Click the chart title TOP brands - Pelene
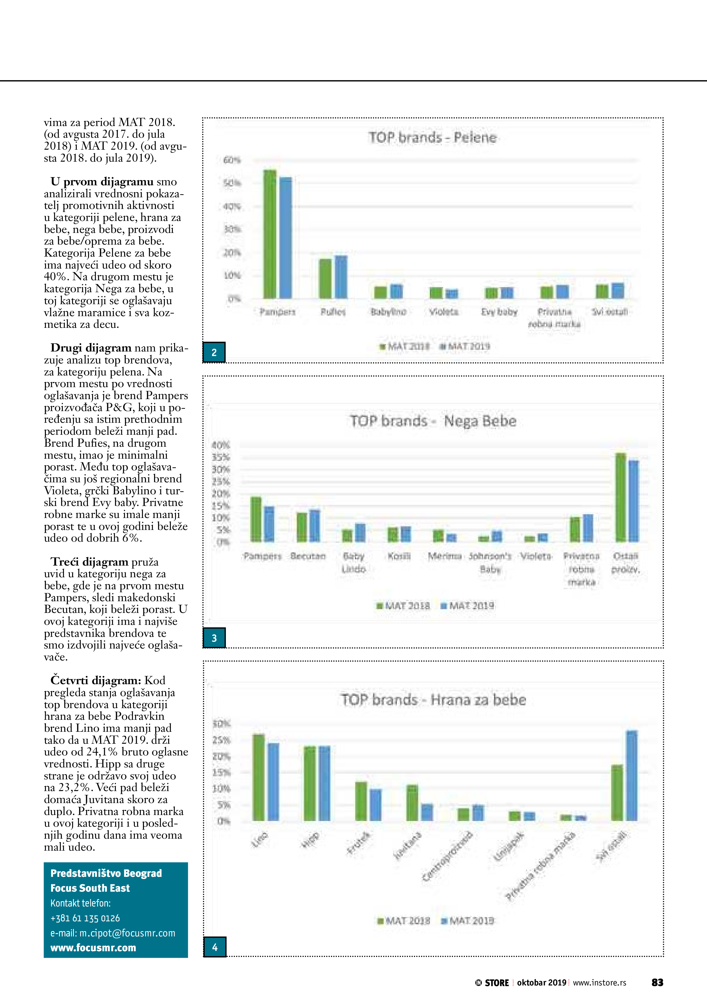pyautogui.click(x=432, y=138)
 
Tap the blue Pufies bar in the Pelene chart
pyautogui.click(x=341, y=277)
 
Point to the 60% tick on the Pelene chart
pyautogui.click(x=232, y=160)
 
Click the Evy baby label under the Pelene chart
pyautogui.click(x=499, y=312)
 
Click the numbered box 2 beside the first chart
pyautogui.click(x=214, y=352)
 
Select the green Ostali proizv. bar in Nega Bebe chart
pyautogui.click(x=620, y=497)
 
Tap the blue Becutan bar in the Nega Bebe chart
pyautogui.click(x=314, y=526)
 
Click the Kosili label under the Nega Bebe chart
pyautogui.click(x=399, y=556)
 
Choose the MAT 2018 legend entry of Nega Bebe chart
pyautogui.click(x=403, y=606)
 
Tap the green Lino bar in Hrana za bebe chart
pyautogui.click(x=259, y=777)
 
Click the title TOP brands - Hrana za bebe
pyautogui.click(x=433, y=700)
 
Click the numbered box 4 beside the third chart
pyautogui.click(x=215, y=947)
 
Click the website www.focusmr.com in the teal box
pyautogui.click(x=93, y=948)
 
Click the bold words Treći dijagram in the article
pyautogui.click(x=89, y=562)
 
